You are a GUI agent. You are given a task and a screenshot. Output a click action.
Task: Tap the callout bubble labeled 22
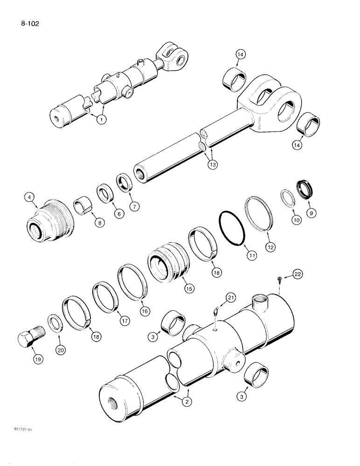[298, 274]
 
